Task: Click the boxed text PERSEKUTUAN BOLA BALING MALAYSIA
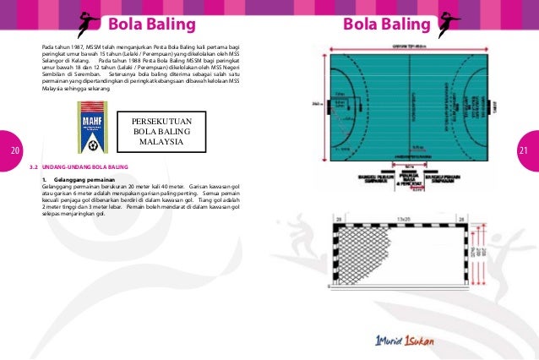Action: coord(162,131)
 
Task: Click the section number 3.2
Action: coord(34,167)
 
